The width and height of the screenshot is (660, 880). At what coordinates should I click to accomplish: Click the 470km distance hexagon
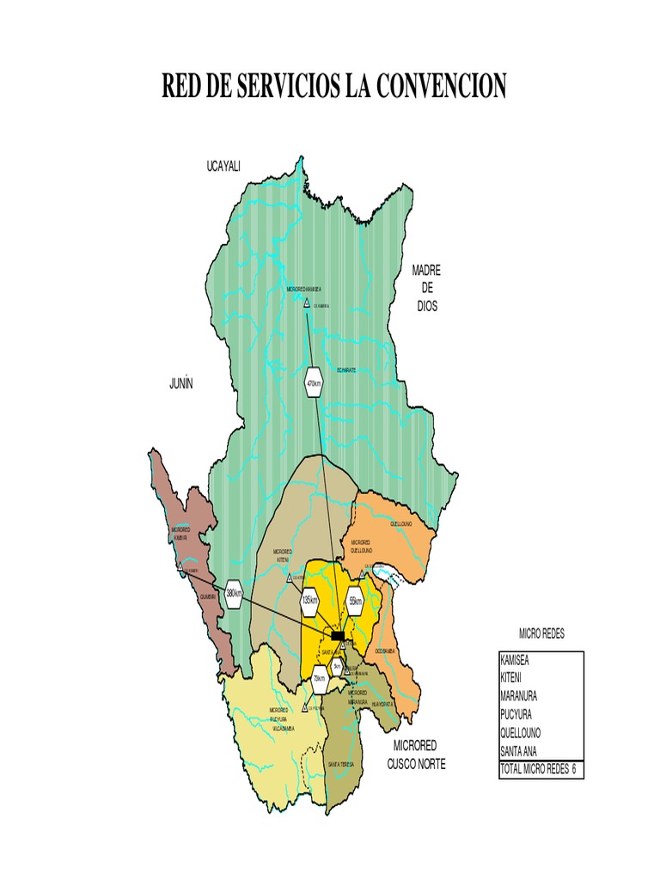tap(314, 383)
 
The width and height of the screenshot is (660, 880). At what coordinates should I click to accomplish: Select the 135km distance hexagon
tap(310, 601)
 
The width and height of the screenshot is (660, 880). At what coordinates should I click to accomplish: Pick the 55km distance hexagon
tap(355, 599)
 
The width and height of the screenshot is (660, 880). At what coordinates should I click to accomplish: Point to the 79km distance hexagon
tap(319, 681)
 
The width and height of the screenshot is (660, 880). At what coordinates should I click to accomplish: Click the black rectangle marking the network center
tap(339, 635)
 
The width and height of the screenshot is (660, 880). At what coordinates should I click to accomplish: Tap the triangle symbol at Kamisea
tap(307, 303)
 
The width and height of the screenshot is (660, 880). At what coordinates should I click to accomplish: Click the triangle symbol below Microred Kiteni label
tap(290, 578)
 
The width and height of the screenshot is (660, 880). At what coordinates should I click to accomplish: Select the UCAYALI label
tap(223, 165)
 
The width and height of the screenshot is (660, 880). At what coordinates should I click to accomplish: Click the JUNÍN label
tap(181, 384)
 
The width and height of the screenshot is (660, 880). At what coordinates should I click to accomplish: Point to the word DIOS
tap(426, 306)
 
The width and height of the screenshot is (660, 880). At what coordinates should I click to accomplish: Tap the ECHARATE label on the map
tap(347, 370)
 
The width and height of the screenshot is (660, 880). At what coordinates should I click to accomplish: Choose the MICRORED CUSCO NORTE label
tap(417, 754)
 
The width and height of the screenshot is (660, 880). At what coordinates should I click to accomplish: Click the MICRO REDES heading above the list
tap(541, 633)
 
